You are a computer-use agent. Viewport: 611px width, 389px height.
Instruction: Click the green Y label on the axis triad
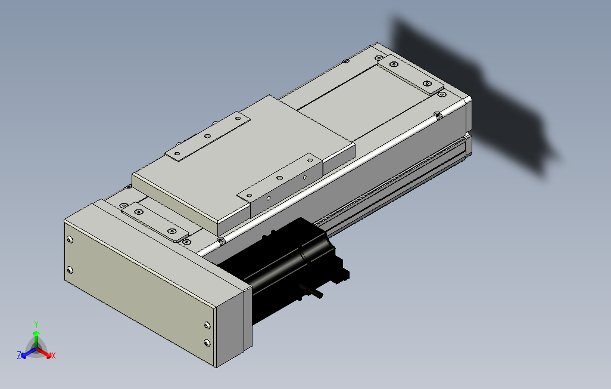[36, 323]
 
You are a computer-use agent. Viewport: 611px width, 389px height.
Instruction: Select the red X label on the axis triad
[53, 356]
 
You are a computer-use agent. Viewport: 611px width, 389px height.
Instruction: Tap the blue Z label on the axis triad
[19, 355]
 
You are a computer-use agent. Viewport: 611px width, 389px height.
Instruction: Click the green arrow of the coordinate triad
[36, 335]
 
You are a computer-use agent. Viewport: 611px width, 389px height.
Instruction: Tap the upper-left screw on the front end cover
[71, 240]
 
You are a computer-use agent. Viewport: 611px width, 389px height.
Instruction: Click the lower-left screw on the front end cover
[71, 270]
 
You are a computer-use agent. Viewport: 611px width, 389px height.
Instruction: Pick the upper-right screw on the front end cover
[207, 325]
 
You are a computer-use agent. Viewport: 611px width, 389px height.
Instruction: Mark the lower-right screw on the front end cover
[207, 342]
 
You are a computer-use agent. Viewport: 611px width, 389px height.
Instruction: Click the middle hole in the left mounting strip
[207, 136]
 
